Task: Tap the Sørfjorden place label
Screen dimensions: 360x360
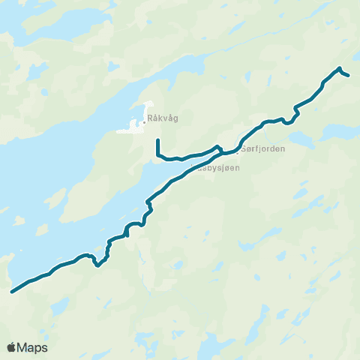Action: (263, 148)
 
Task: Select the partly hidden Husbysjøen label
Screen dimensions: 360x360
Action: (217, 168)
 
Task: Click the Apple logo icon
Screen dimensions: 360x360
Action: (11, 347)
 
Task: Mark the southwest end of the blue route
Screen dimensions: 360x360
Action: (11, 292)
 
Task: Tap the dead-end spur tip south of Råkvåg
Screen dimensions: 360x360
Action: (157, 140)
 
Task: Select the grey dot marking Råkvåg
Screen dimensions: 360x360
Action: (145, 117)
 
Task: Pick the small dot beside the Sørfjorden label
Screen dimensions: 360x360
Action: (238, 148)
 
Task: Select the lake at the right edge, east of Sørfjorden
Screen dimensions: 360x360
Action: (341, 132)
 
